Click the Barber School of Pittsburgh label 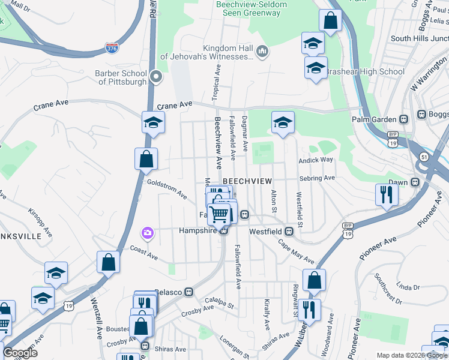[x=122, y=77]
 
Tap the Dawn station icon [x=415, y=182]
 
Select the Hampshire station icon [x=223, y=231]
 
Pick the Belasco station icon [x=188, y=292]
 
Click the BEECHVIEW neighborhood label [x=248, y=181]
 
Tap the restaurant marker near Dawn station [x=386, y=194]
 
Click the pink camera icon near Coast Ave [x=147, y=232]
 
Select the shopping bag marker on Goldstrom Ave [x=146, y=160]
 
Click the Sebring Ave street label [x=319, y=178]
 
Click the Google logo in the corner [x=19, y=352]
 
